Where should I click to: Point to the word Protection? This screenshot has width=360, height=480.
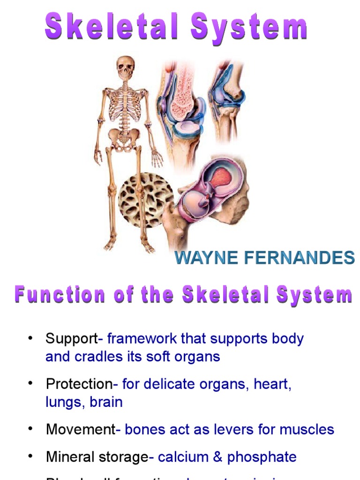pos(79,384)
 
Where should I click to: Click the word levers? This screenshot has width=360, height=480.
pos(234,429)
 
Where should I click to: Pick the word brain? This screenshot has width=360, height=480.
pos(108,402)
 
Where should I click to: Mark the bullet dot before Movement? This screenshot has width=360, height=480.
pos(31,428)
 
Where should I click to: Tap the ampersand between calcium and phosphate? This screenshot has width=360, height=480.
pos(217,457)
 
